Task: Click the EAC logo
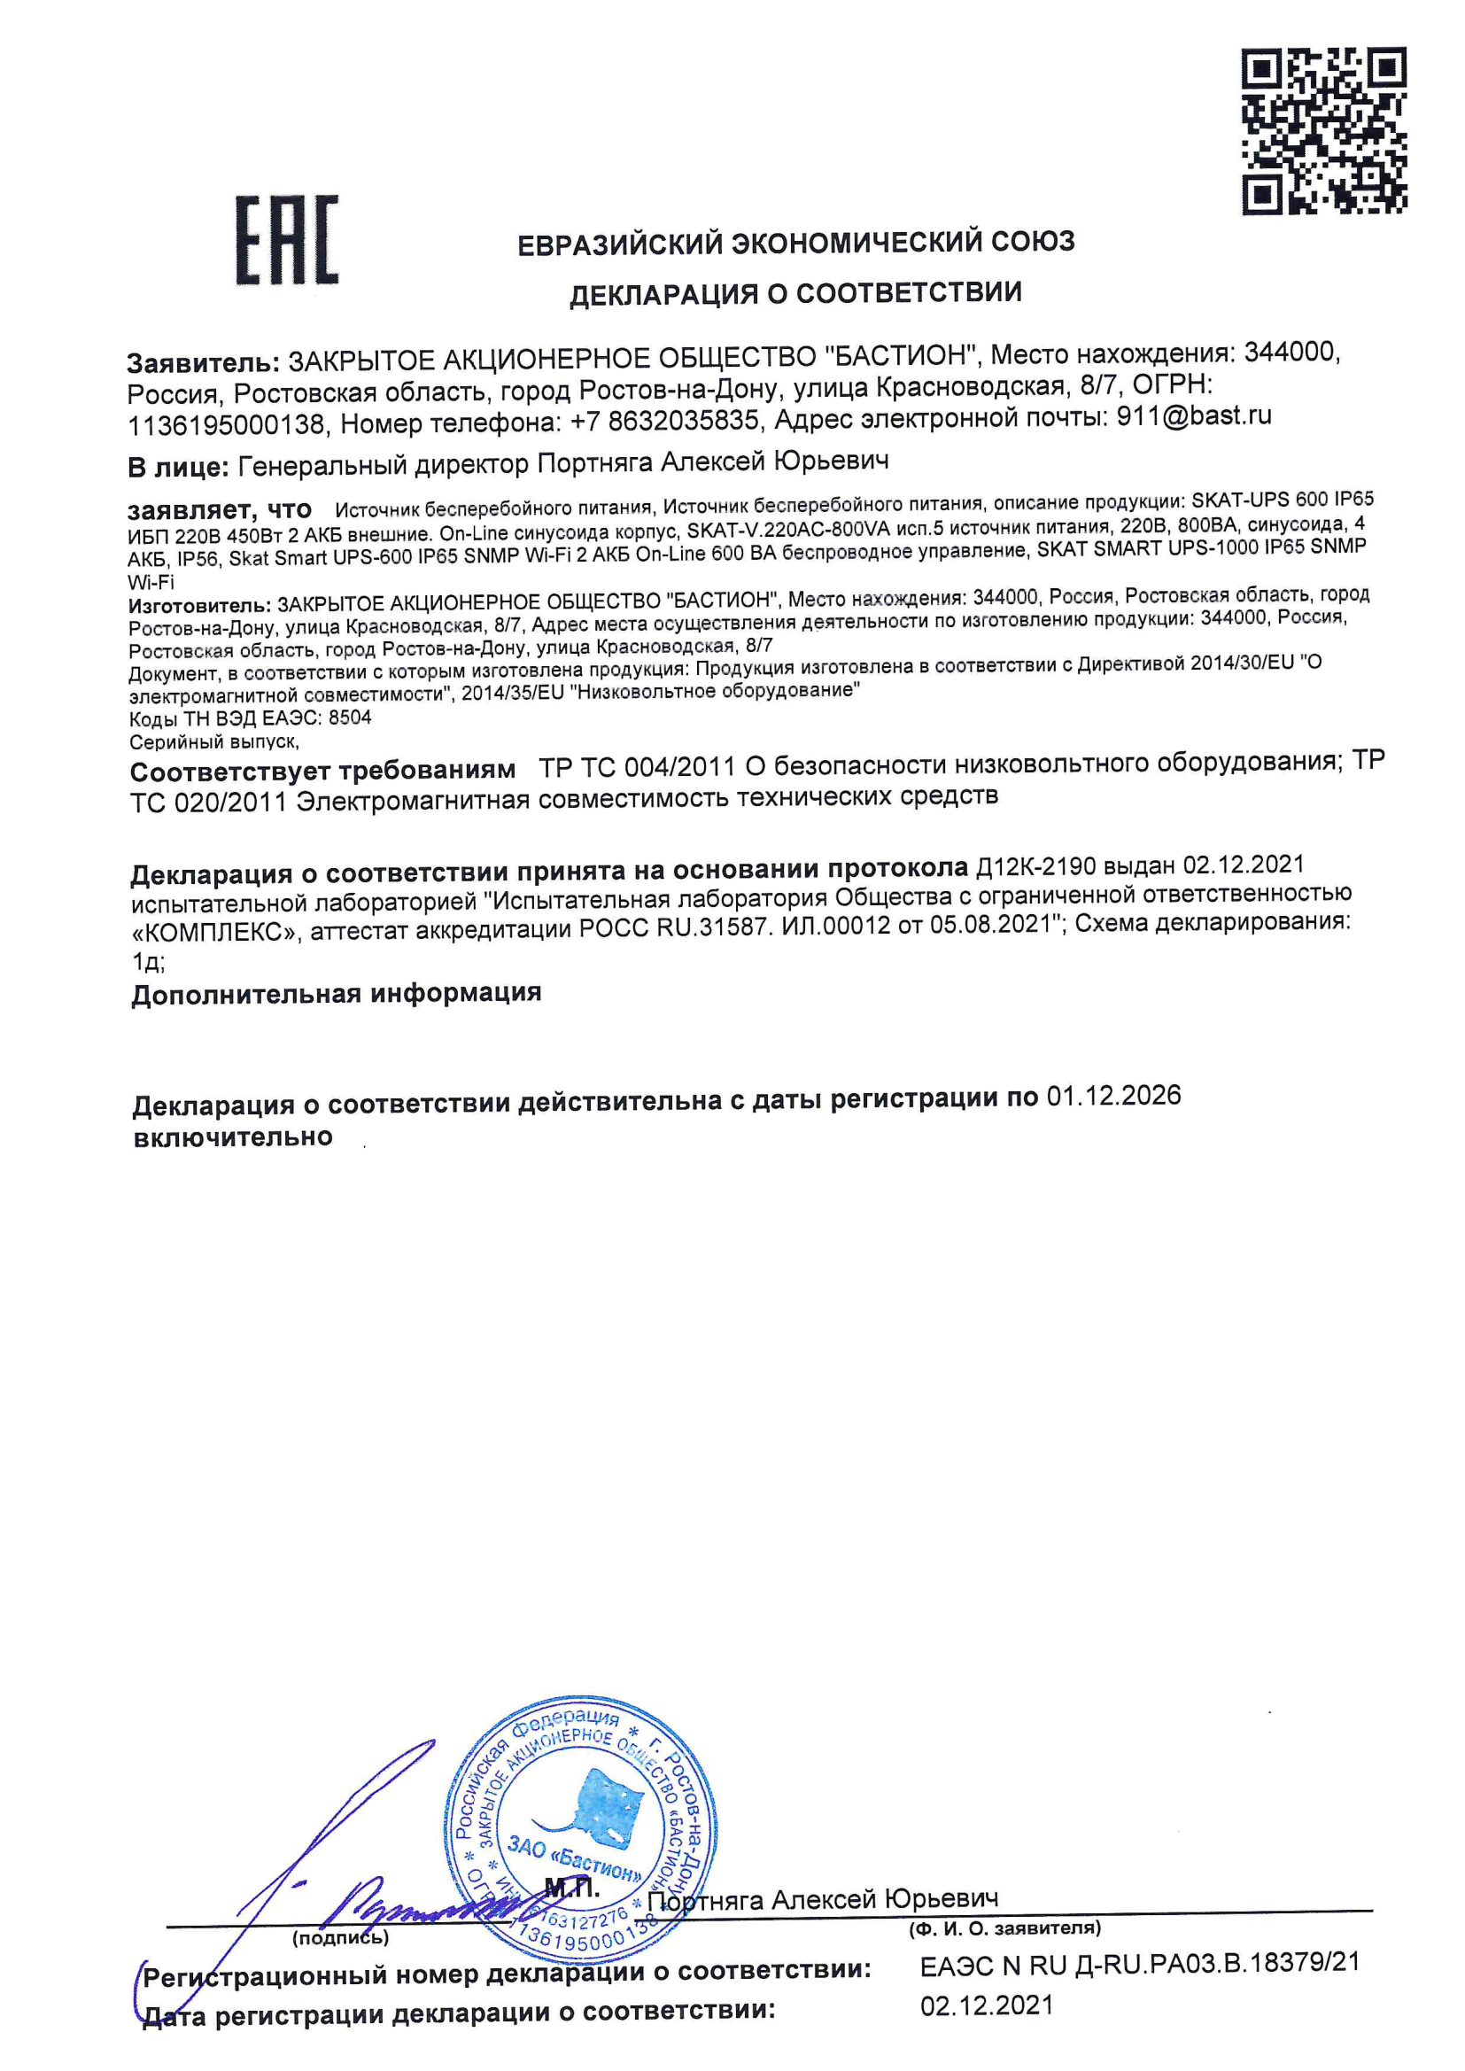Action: pyautogui.click(x=287, y=239)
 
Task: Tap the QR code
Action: pyautogui.click(x=1323, y=131)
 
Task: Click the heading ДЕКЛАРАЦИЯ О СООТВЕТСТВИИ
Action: pyautogui.click(x=795, y=294)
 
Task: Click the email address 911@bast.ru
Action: pyautogui.click(x=1193, y=415)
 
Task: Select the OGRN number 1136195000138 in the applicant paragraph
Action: pyautogui.click(x=226, y=424)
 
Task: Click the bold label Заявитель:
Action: pyautogui.click(x=203, y=362)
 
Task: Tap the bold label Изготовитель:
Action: pyautogui.click(x=198, y=604)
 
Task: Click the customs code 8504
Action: pyautogui.click(x=350, y=718)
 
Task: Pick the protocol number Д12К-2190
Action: pyautogui.click(x=1036, y=868)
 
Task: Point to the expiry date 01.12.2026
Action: pyautogui.click(x=1113, y=1096)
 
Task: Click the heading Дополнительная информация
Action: pyautogui.click(x=336, y=994)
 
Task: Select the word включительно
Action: pyautogui.click(x=233, y=1137)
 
